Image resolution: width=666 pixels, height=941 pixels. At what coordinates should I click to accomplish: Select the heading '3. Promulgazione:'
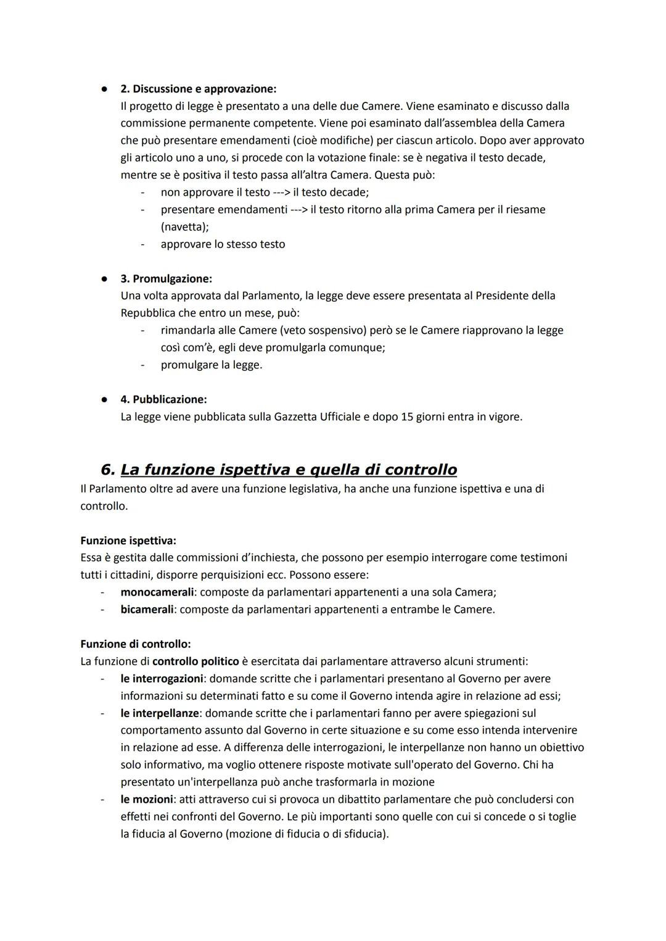tap(166, 279)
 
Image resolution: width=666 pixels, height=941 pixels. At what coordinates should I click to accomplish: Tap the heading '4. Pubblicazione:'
tap(163, 400)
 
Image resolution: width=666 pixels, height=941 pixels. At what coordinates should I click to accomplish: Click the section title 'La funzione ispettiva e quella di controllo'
tap(289, 470)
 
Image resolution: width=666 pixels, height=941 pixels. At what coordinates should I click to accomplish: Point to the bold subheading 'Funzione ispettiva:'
tap(128, 541)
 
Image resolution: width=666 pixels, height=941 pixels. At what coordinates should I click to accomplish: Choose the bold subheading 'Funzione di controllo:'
tap(136, 644)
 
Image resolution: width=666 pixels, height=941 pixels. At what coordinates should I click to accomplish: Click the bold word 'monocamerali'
tap(157, 592)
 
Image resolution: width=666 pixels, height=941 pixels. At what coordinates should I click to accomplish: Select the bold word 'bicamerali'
tap(148, 610)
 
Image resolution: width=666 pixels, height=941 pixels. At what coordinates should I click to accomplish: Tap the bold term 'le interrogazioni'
tap(162, 679)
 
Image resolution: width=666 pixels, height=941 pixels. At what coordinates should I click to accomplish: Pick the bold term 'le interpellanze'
tap(160, 713)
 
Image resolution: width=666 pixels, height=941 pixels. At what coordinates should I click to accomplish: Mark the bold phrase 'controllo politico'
tap(195, 661)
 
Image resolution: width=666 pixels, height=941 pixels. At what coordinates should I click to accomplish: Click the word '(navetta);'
tap(184, 227)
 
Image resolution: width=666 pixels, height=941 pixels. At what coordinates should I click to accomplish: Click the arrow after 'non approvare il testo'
tap(286, 193)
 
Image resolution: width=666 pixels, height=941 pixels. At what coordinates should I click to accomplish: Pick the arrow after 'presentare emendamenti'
tap(298, 210)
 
